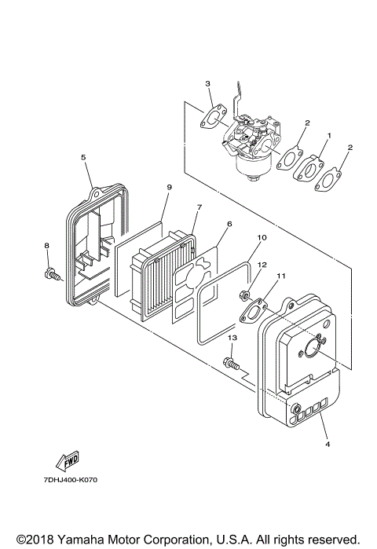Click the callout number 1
(x=328, y=135)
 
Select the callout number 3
(x=207, y=83)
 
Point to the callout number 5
(x=82, y=157)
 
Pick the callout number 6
(x=229, y=224)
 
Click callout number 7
(x=199, y=207)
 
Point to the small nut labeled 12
(x=245, y=295)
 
